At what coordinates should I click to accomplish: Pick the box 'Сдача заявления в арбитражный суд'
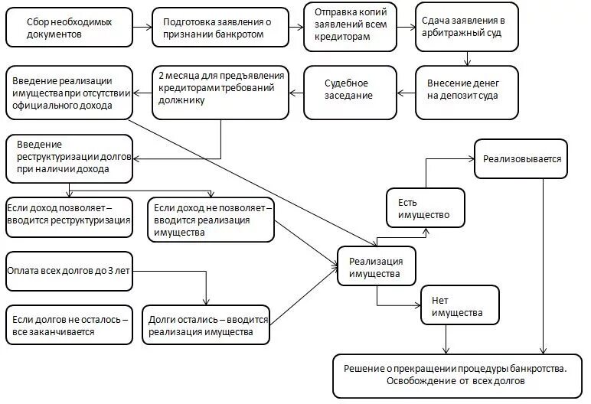tap(465, 28)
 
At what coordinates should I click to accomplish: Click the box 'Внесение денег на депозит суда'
tap(465, 90)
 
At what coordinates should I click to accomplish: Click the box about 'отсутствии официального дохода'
tap(67, 92)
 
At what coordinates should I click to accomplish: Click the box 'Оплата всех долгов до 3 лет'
tap(67, 271)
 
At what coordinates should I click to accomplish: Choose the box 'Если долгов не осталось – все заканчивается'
tap(67, 324)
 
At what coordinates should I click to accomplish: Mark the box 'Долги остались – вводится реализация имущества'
tap(207, 324)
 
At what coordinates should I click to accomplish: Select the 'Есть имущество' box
tap(423, 207)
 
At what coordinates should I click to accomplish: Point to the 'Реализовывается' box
tap(521, 159)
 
